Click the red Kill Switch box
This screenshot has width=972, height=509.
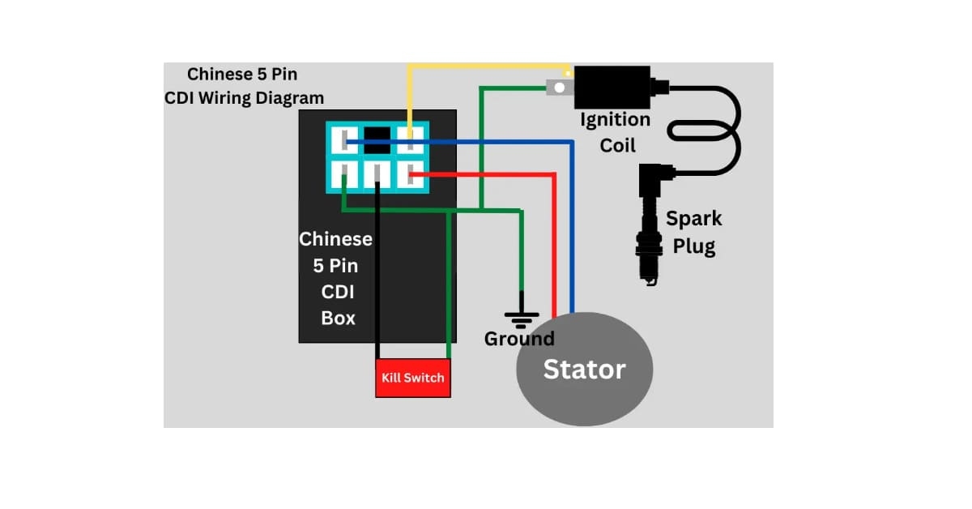coord(413,378)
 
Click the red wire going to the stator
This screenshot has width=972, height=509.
coord(554,243)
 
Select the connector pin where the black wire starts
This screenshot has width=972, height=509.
coord(377,173)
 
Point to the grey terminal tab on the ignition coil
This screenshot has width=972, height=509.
coord(557,87)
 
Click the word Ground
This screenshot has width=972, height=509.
coord(519,339)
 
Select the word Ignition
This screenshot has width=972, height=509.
coord(616,120)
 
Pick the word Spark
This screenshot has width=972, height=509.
coord(693,219)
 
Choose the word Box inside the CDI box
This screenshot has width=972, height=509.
coord(338,318)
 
